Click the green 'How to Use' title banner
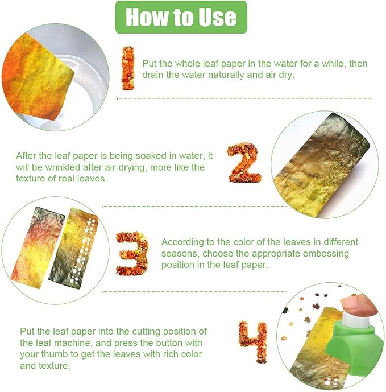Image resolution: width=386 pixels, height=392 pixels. [181, 17]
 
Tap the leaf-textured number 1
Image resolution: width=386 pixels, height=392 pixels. [128, 68]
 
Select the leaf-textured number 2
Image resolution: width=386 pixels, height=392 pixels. [244, 163]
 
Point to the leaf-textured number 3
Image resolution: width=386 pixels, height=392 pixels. [132, 253]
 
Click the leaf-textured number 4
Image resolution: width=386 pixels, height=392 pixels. [253, 342]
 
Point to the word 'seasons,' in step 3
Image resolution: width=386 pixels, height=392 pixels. [180, 254]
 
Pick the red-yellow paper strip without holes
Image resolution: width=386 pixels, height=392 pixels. [38, 247]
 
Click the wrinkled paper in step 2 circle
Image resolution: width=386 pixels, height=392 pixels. [322, 166]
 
